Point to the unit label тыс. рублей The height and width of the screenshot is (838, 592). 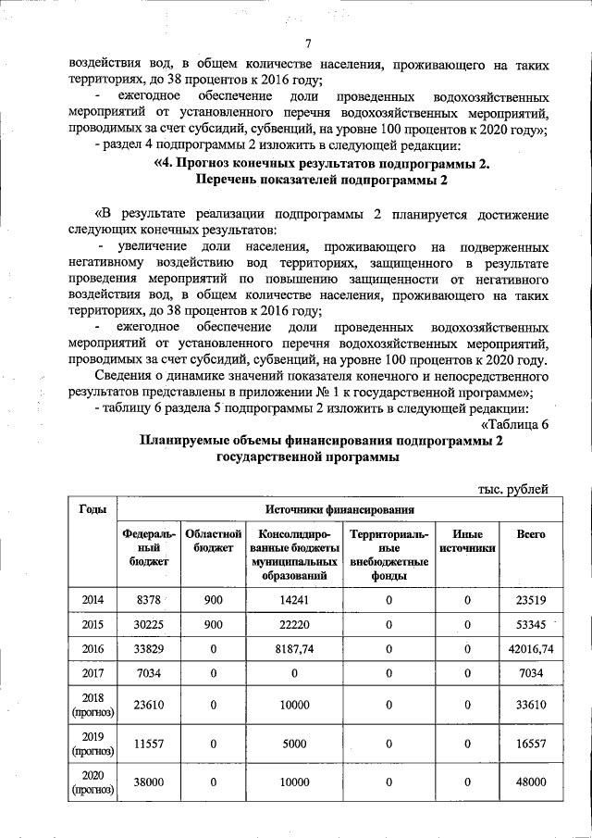(513, 489)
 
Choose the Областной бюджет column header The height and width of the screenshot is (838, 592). (214, 542)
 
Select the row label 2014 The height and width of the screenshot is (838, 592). (92, 600)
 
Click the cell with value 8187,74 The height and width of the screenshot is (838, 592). (293, 650)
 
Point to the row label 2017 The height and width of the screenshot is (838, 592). (92, 675)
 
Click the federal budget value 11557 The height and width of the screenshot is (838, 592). (150, 744)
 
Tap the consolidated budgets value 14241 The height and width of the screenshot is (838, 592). (293, 600)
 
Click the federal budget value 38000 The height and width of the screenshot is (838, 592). (150, 782)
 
